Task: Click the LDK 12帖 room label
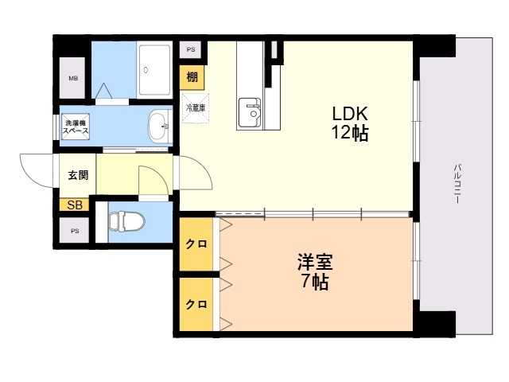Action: pos(350,123)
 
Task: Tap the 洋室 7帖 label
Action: pos(315,271)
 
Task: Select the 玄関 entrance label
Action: pos(78,175)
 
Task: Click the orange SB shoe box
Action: pos(74,205)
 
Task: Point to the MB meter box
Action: pos(72,78)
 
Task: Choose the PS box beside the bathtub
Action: pos(191,49)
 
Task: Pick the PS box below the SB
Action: pos(75,231)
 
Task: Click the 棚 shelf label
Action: pos(192,78)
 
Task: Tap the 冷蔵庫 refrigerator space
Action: pos(196,108)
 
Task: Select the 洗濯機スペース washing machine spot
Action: pos(76,127)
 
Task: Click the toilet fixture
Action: pos(127,221)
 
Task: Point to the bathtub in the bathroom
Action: pos(154,70)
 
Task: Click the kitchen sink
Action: pos(249,113)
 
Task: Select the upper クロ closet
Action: pos(196,244)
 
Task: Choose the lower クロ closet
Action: pos(196,304)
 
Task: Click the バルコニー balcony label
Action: pos(457,184)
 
